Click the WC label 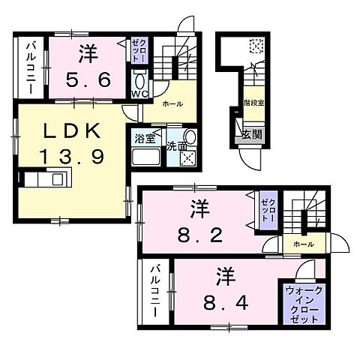[x=140, y=94]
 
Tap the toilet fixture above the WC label [x=140, y=80]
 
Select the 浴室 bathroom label [x=144, y=138]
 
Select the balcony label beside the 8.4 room [x=154, y=291]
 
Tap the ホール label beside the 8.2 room [x=303, y=244]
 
